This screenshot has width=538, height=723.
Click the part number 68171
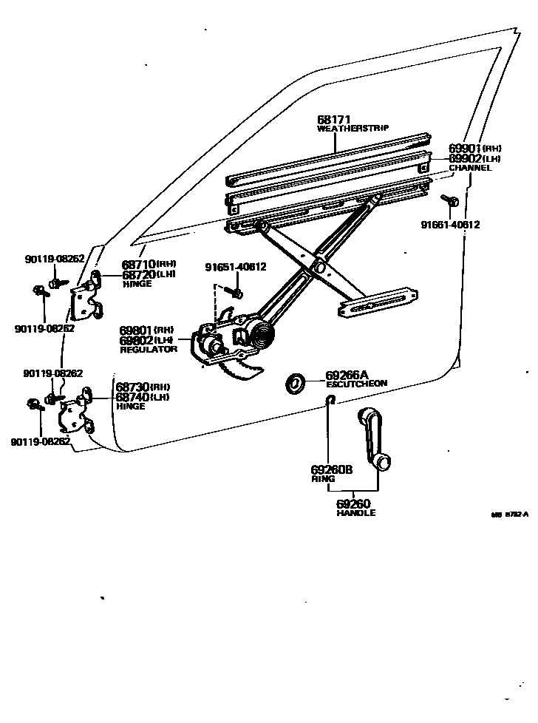[333, 120]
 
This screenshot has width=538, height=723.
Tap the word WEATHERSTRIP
[353, 129]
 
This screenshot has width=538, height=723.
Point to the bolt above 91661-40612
[450, 200]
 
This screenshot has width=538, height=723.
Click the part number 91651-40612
[236, 267]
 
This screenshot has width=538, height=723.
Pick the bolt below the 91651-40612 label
[236, 293]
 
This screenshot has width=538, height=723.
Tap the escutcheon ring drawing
[296, 383]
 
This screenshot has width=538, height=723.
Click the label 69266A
[347, 376]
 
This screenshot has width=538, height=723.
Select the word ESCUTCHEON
[356, 384]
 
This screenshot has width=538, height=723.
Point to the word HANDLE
[355, 513]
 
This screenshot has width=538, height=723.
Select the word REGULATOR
[149, 349]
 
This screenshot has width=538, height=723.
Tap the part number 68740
[132, 397]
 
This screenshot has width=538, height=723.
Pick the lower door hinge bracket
[77, 414]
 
